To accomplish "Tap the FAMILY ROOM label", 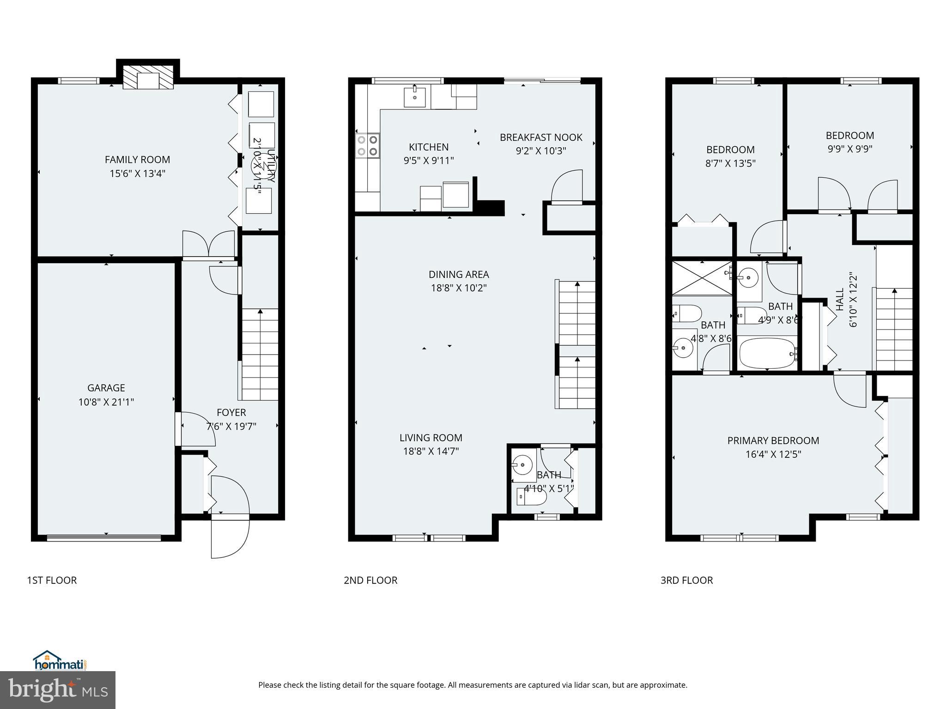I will click(137, 160).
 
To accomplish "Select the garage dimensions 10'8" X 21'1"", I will click(106, 402).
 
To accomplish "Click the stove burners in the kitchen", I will click(368, 145).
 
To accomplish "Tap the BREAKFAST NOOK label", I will click(541, 138).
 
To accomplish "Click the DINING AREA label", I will click(459, 275).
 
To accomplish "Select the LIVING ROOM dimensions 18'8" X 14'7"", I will click(431, 451).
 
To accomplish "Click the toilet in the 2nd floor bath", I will click(531, 497).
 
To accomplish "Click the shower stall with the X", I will click(701, 278).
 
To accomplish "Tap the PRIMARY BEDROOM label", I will click(773, 441).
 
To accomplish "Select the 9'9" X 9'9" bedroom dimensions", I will click(850, 149).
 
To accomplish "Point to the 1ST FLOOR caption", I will click(52, 580).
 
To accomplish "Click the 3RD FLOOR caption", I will click(686, 580).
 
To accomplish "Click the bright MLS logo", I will click(58, 690).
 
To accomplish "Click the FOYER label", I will click(231, 413).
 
